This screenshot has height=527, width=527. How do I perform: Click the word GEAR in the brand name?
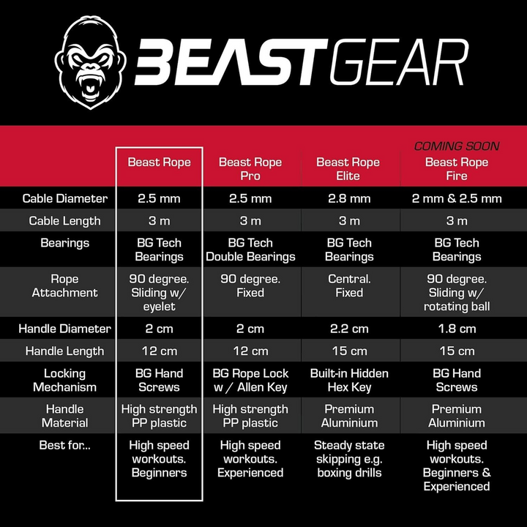tap(400, 63)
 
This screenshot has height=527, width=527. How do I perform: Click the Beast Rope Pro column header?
tap(250, 169)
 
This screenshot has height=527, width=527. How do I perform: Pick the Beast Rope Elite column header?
tap(348, 169)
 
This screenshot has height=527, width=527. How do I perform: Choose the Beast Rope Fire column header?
tap(457, 169)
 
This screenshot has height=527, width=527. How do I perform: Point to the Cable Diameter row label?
tap(65, 198)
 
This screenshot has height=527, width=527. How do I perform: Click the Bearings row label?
tap(64, 242)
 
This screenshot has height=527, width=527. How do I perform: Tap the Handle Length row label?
tap(64, 351)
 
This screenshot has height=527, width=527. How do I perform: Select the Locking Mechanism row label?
tap(64, 380)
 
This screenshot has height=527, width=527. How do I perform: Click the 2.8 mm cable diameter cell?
tap(349, 198)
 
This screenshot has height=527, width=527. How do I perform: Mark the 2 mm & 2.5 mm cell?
tap(457, 198)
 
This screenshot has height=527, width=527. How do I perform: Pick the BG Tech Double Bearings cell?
tap(250, 250)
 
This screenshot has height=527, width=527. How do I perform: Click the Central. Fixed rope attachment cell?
tap(349, 285)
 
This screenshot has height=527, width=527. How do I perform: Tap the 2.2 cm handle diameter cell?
tap(349, 329)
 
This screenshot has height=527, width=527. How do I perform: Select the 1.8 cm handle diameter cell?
tap(457, 329)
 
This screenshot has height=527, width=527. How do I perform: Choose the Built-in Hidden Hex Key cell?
tap(349, 380)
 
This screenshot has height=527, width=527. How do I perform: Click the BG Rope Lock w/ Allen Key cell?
tap(250, 380)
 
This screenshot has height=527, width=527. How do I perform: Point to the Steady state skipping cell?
tap(349, 459)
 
